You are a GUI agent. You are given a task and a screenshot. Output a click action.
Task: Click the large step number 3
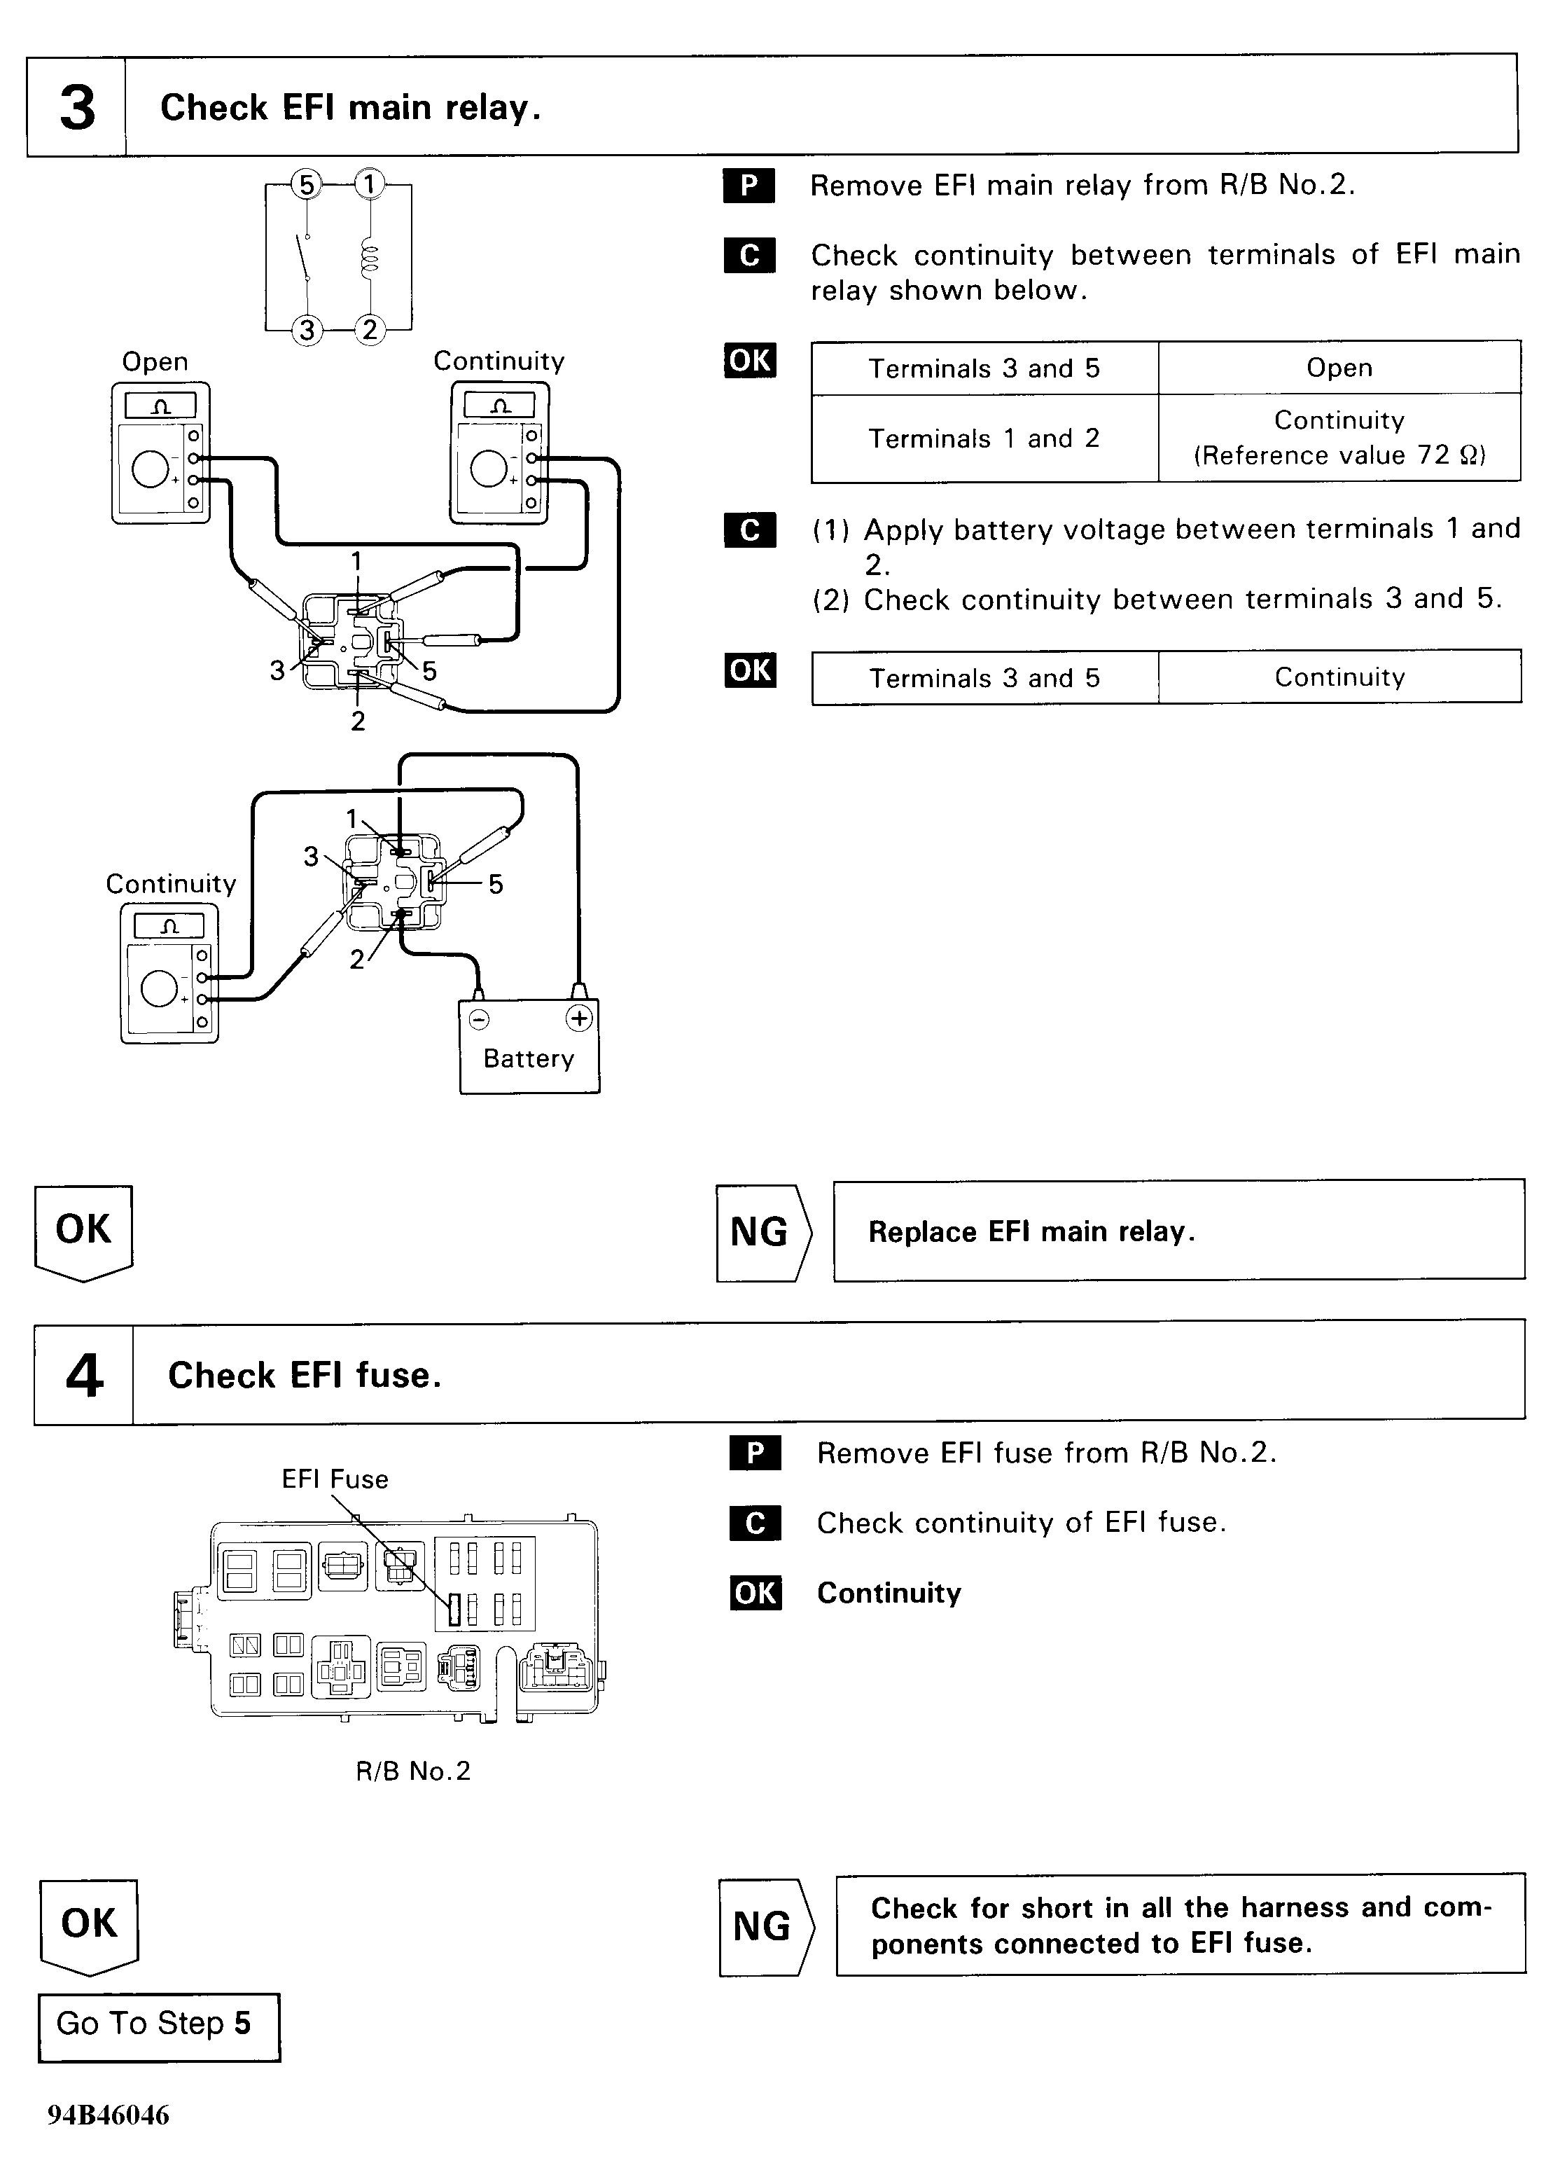[x=78, y=107]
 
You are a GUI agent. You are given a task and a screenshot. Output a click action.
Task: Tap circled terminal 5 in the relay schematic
[x=306, y=184]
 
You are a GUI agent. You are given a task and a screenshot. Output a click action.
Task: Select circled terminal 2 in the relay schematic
[x=369, y=330]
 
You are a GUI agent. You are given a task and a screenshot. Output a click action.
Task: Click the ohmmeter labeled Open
[x=160, y=452]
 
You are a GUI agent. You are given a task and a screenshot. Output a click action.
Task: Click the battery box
[x=529, y=1046]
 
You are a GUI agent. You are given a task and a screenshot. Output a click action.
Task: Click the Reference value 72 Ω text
[x=1339, y=455]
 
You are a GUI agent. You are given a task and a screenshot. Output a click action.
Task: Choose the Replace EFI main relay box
[x=1178, y=1231]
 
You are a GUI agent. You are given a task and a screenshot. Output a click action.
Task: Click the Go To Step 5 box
[x=159, y=2025]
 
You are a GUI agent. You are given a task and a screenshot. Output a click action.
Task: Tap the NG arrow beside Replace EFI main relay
[x=762, y=1231]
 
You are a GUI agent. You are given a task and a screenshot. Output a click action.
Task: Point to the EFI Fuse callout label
[x=335, y=1480]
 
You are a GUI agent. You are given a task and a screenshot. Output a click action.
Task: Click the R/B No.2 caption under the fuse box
[x=413, y=1771]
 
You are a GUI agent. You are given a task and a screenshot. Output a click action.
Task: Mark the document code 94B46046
[x=108, y=2115]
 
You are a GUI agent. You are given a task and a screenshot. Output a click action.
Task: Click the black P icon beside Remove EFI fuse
[x=755, y=1453]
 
